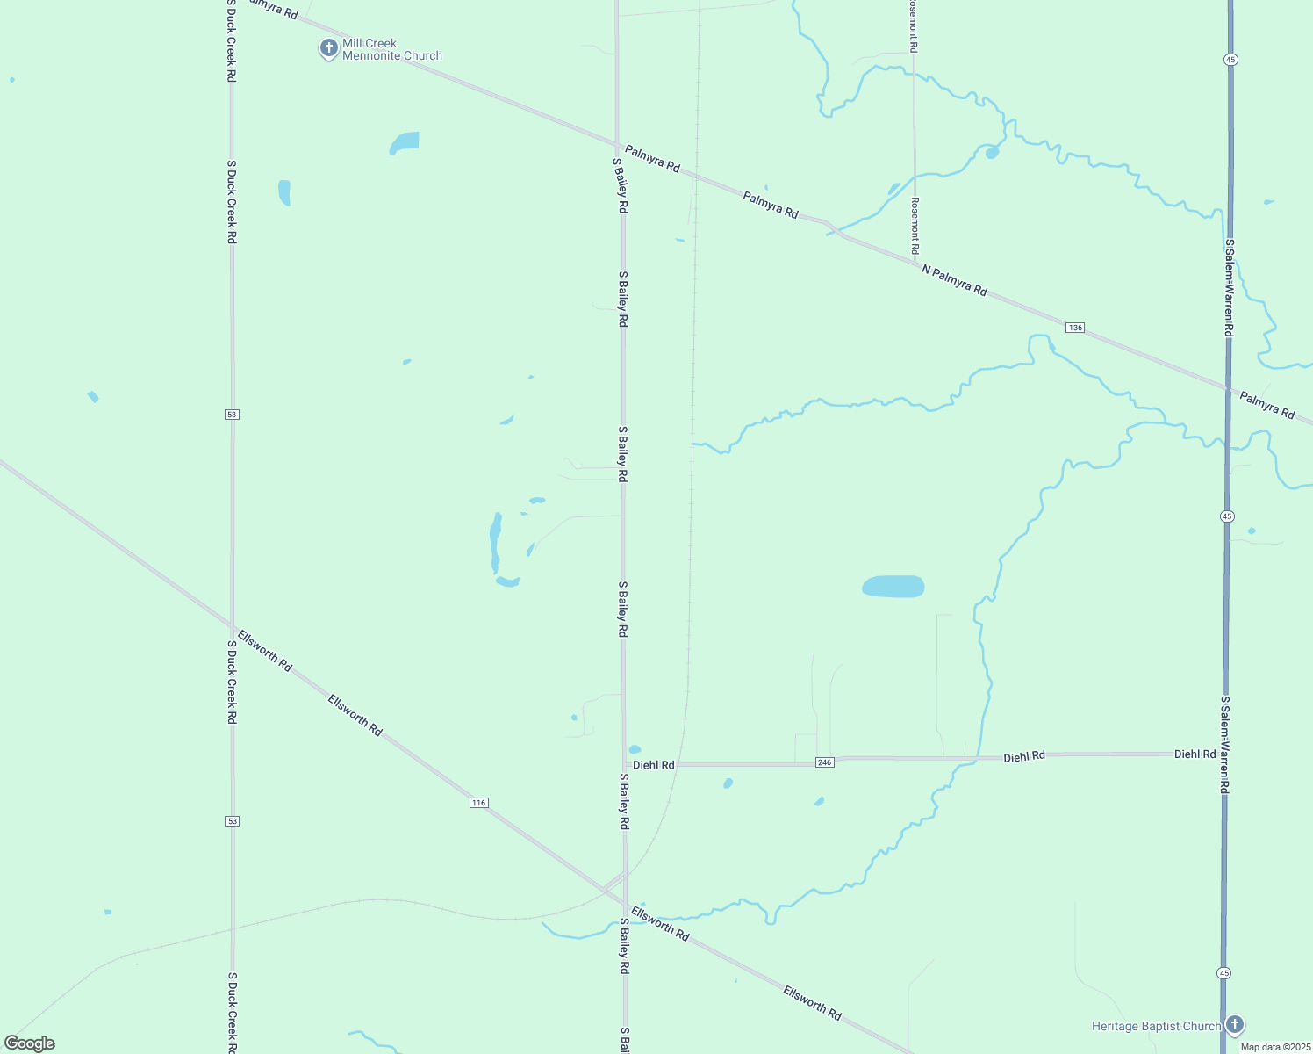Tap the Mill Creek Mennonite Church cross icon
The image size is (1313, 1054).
328,48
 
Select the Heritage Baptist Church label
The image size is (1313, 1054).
1156,1026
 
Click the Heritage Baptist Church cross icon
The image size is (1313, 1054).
1235,1024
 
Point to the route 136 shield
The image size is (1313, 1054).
1075,328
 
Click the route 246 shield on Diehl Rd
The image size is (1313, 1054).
824,762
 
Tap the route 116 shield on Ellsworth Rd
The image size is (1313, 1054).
478,803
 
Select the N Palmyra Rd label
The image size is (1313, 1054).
954,280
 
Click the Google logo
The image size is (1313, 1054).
30,1043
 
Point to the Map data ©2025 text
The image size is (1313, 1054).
1274,1047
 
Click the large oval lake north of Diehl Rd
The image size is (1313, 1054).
893,587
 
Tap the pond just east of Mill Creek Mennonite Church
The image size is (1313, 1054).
405,142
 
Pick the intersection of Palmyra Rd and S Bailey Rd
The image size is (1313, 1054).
617,145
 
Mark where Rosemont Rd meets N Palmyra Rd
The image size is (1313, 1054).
915,259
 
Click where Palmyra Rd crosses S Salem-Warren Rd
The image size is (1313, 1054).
1228,387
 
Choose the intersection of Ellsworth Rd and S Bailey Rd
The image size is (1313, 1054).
625,905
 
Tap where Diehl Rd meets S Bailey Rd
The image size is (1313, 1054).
624,764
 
